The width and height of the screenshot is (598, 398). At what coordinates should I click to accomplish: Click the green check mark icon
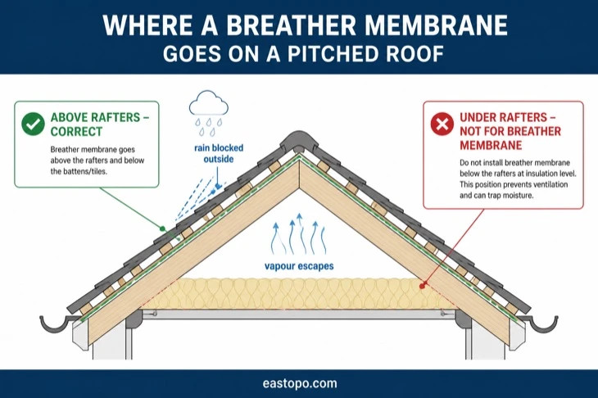33,124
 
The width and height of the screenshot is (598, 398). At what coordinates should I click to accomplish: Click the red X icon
442,124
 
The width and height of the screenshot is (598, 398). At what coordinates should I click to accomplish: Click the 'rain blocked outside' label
219,153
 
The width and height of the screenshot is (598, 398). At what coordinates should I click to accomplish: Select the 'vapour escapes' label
299,266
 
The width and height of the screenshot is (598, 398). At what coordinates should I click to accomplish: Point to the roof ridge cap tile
299,141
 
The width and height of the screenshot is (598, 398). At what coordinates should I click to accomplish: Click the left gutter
57,324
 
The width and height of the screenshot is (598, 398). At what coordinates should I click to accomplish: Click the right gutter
538,324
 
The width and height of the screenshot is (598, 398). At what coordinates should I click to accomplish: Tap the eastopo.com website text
300,383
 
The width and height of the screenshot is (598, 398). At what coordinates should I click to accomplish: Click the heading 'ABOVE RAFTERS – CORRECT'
100,124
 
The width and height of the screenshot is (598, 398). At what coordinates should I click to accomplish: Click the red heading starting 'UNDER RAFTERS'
510,131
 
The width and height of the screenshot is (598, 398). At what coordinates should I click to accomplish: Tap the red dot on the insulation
423,286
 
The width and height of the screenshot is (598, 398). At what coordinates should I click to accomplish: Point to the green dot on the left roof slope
162,228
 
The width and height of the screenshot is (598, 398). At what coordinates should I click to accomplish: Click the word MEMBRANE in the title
437,25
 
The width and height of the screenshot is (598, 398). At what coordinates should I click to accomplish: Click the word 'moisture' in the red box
519,195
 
